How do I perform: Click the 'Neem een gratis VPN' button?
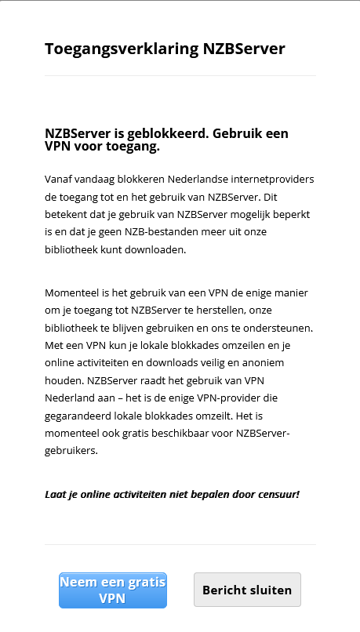point(113,590)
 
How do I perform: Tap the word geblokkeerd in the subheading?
point(163,133)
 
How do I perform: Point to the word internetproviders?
point(270,179)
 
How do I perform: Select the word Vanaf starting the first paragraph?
point(60,179)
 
